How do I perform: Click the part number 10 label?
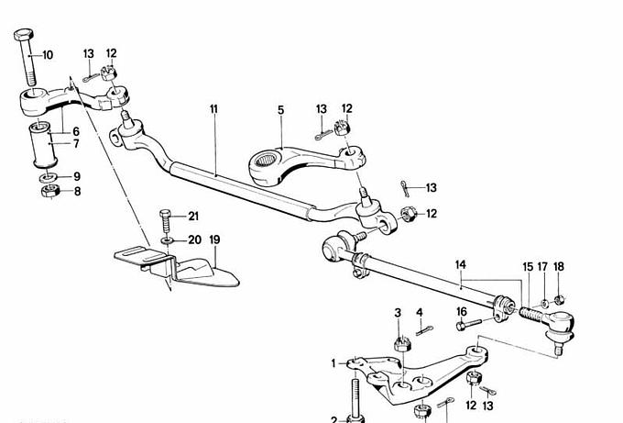pyautogui.click(x=48, y=55)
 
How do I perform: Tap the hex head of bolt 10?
pyautogui.click(x=24, y=34)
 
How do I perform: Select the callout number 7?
pyautogui.click(x=76, y=144)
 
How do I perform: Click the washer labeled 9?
pyautogui.click(x=49, y=176)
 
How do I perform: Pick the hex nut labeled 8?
pyautogui.click(x=50, y=192)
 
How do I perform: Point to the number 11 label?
pyautogui.click(x=214, y=109)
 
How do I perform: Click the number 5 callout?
pyautogui.click(x=281, y=110)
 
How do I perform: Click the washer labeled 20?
pyautogui.click(x=168, y=240)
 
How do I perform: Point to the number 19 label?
pyautogui.click(x=214, y=240)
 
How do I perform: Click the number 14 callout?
pyautogui.click(x=461, y=264)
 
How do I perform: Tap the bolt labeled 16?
pyautogui.click(x=470, y=324)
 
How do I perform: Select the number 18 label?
pyautogui.click(x=559, y=267)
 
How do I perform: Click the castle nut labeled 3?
pyautogui.click(x=402, y=344)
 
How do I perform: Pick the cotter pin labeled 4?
pyautogui.click(x=424, y=330)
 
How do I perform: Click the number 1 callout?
pyautogui.click(x=333, y=363)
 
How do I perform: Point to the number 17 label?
pyautogui.click(x=542, y=267)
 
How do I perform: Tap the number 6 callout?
pyautogui.click(x=76, y=131)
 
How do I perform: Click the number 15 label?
pyautogui.click(x=528, y=267)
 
